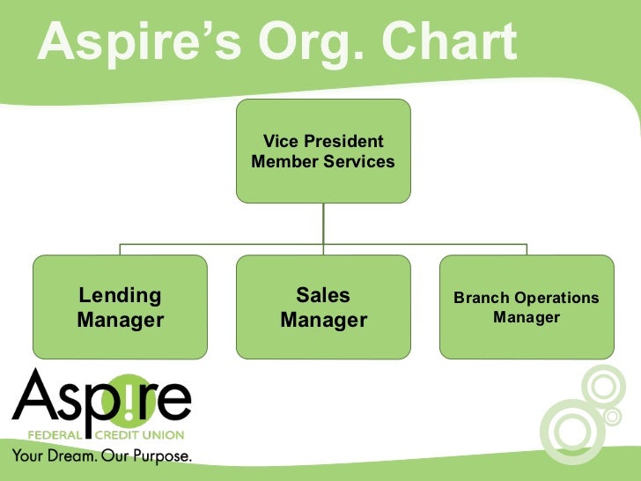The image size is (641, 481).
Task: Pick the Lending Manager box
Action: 121,307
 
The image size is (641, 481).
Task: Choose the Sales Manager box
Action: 323,307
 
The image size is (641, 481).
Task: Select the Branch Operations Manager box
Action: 527,307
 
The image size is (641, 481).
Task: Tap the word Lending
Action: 121,296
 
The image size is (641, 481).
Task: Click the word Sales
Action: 323,296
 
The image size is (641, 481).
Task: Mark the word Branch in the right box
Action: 481,299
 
